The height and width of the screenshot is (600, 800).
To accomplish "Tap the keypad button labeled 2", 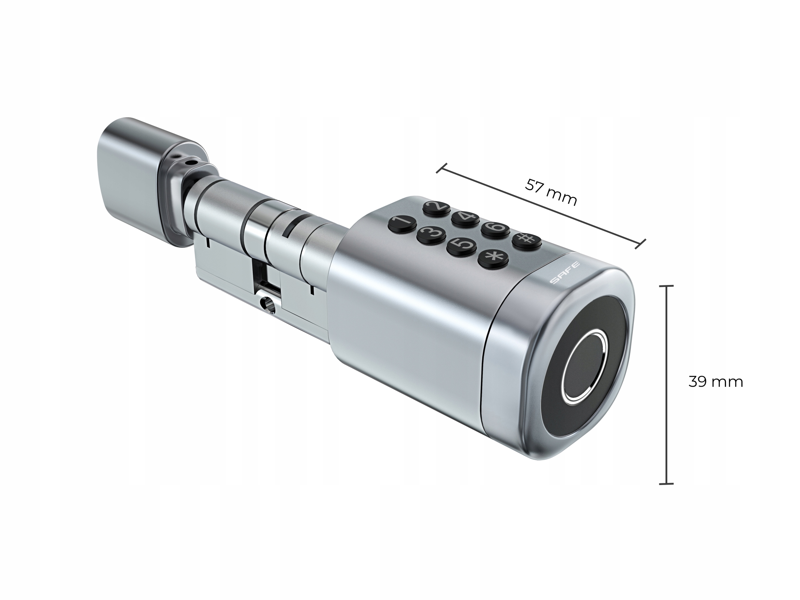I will [437, 209].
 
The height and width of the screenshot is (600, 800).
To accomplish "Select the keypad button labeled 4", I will [465, 218].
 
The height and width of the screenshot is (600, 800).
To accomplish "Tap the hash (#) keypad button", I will [527, 240].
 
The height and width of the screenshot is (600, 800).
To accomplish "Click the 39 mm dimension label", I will [715, 382].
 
